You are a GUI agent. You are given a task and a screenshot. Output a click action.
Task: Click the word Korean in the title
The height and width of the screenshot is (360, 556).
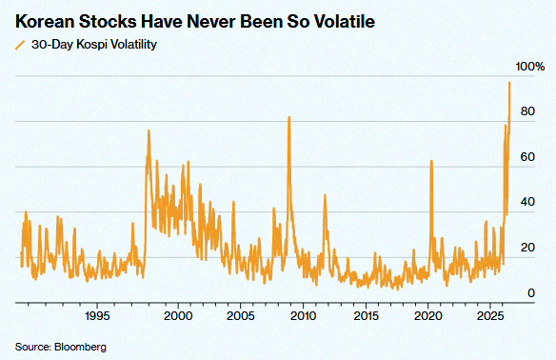(44, 22)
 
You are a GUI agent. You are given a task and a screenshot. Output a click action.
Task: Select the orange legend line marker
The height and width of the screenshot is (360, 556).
(21, 45)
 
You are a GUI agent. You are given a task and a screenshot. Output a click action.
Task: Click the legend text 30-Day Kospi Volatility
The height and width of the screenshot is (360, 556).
(94, 45)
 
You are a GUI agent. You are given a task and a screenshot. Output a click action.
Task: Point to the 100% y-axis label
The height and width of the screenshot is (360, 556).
(529, 67)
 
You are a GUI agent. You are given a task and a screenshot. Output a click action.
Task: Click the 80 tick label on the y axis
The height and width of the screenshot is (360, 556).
(527, 111)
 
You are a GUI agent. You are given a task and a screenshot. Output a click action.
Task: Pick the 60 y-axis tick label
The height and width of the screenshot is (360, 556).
(527, 157)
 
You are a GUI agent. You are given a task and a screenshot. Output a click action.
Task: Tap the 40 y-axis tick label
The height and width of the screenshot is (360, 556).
(527, 202)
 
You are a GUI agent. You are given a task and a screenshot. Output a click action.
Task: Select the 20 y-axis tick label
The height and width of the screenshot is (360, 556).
(527, 248)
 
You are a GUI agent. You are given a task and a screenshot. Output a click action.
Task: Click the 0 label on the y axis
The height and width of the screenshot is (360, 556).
(531, 293)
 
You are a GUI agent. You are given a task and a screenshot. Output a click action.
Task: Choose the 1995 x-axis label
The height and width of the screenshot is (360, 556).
(97, 315)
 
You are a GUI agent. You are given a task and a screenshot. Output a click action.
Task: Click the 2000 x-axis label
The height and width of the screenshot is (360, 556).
(178, 315)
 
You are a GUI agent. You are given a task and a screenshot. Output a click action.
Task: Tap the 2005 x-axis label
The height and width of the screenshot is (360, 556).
(241, 315)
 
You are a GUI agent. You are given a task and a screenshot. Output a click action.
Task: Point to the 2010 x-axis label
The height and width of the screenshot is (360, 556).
(303, 315)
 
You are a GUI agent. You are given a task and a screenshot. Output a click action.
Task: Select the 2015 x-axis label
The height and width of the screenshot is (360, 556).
(366, 315)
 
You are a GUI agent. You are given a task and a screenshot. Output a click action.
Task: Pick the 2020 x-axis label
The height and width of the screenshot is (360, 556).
(428, 315)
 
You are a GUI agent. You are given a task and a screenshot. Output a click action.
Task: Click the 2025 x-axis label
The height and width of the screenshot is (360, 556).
(490, 315)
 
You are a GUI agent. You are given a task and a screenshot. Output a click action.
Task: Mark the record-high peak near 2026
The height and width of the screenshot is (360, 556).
(509, 83)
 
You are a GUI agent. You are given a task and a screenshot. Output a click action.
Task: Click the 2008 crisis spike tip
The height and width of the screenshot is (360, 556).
(289, 117)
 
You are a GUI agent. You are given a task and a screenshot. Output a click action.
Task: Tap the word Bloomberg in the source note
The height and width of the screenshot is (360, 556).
(80, 347)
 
